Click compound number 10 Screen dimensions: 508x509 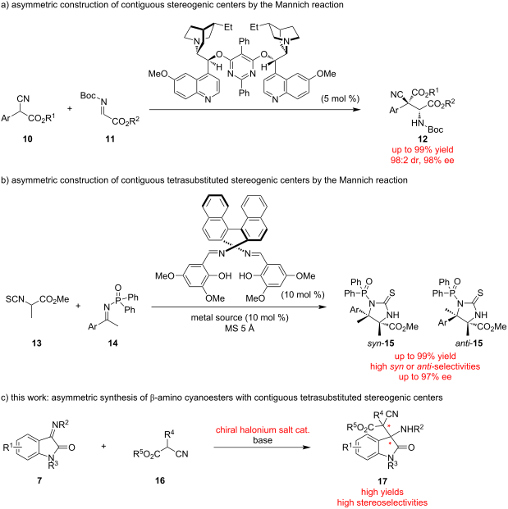point(28,139)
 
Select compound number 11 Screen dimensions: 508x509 point(110,139)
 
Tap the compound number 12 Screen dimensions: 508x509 point(423,139)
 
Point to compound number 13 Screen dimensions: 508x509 point(37,343)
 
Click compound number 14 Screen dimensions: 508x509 point(112,343)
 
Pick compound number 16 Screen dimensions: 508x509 point(160,480)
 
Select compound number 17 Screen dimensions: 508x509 point(382,481)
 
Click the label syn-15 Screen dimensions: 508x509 point(381,343)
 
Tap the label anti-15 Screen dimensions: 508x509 point(469,343)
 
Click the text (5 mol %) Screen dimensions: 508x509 point(340,98)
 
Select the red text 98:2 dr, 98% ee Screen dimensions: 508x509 point(422,160)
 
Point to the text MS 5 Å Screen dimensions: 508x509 point(240,328)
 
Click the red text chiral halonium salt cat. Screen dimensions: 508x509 point(263,429)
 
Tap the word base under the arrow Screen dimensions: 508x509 point(263,440)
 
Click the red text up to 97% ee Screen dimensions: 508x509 point(425,376)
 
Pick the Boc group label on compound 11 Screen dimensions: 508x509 point(88,95)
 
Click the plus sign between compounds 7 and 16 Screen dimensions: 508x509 point(103,447)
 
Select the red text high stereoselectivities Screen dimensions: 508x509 point(382,502)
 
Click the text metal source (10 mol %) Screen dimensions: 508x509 point(240,317)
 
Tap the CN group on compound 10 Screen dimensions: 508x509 point(24,98)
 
